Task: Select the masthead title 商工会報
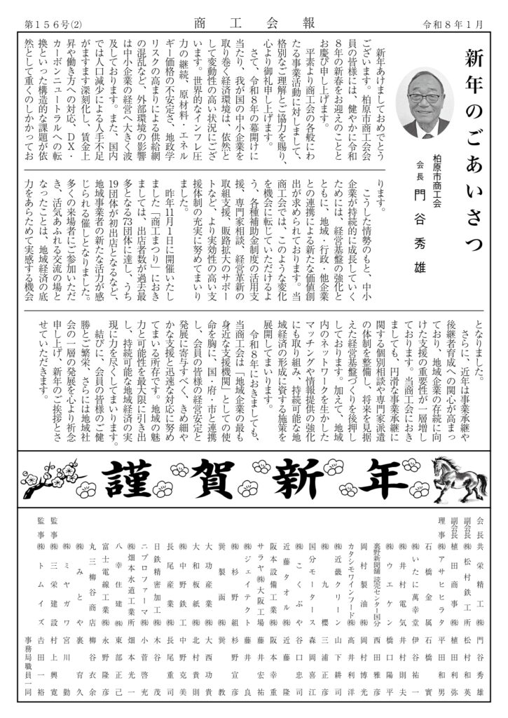click(x=254, y=25)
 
